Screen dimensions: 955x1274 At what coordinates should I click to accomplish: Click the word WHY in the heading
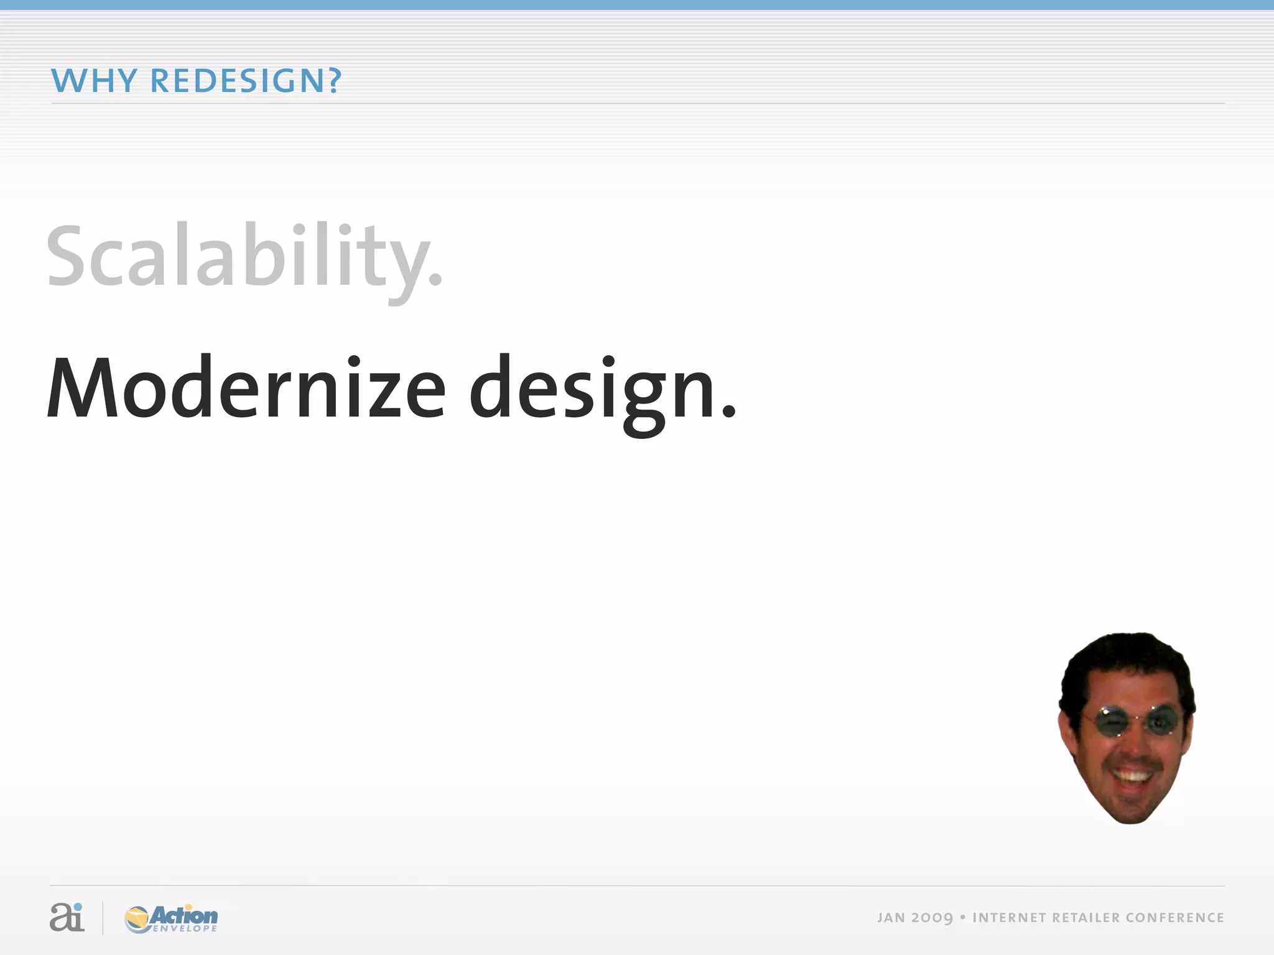tap(93, 81)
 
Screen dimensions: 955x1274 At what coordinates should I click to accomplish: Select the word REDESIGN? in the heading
tap(246, 81)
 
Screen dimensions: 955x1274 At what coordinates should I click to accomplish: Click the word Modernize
tap(246, 389)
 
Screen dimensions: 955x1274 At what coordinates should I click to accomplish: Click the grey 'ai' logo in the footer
tap(67, 917)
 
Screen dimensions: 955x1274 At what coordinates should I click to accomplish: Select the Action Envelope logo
tap(172, 918)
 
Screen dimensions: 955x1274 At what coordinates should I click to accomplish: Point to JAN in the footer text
tap(891, 918)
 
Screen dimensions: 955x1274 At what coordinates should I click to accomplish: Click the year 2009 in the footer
tap(932, 918)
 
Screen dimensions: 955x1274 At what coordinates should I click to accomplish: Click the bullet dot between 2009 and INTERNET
tap(962, 918)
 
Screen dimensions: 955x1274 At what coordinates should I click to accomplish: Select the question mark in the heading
tap(334, 81)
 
